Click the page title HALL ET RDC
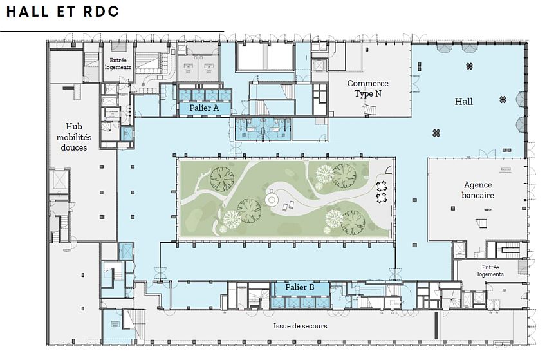coord(63,12)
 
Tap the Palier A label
coord(204,108)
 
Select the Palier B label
coord(300,287)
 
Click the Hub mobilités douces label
coord(74,137)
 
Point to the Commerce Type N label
coord(367,88)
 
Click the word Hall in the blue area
coord(463,102)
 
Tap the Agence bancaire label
coord(478,190)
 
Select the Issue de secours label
coord(301,326)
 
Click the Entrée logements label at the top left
coord(118,64)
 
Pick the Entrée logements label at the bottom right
coord(490,270)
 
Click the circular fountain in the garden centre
coord(272,200)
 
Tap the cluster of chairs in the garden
coord(382,192)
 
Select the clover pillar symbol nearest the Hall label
coord(503,100)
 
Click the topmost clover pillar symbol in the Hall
coord(470,66)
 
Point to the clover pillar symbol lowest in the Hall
coord(436,133)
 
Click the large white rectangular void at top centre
coord(264,57)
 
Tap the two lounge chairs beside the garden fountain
coord(288,206)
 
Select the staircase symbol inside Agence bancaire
coord(483,223)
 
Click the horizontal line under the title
coord(112,32)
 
